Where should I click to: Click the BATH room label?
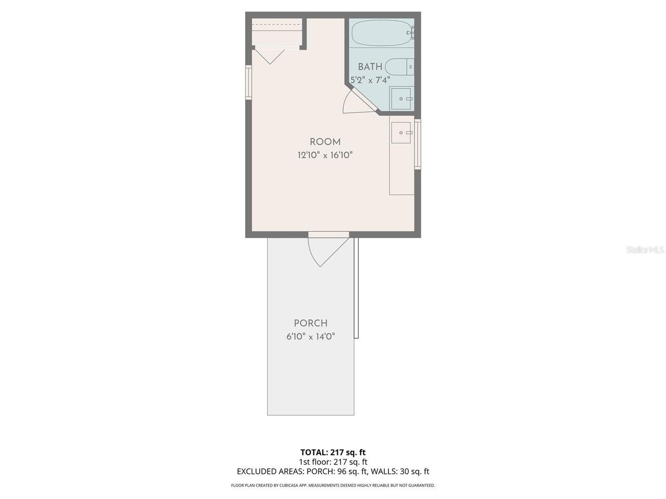tap(370, 67)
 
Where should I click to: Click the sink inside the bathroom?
tap(402, 99)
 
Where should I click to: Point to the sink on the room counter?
tap(401, 133)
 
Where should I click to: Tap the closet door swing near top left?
tap(270, 57)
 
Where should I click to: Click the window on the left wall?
tap(249, 83)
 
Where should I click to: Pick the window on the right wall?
tap(417, 144)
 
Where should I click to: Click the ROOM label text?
tap(325, 142)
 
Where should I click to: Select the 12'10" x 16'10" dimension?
tap(325, 155)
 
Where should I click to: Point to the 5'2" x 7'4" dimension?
tap(370, 80)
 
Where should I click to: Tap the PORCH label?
tap(311, 323)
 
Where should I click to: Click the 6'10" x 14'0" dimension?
tap(311, 337)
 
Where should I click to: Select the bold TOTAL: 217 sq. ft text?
tap(333, 452)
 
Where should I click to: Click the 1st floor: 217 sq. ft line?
tap(333, 462)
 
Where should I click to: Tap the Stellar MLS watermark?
tap(645, 249)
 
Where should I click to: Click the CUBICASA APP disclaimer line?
tap(333, 485)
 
